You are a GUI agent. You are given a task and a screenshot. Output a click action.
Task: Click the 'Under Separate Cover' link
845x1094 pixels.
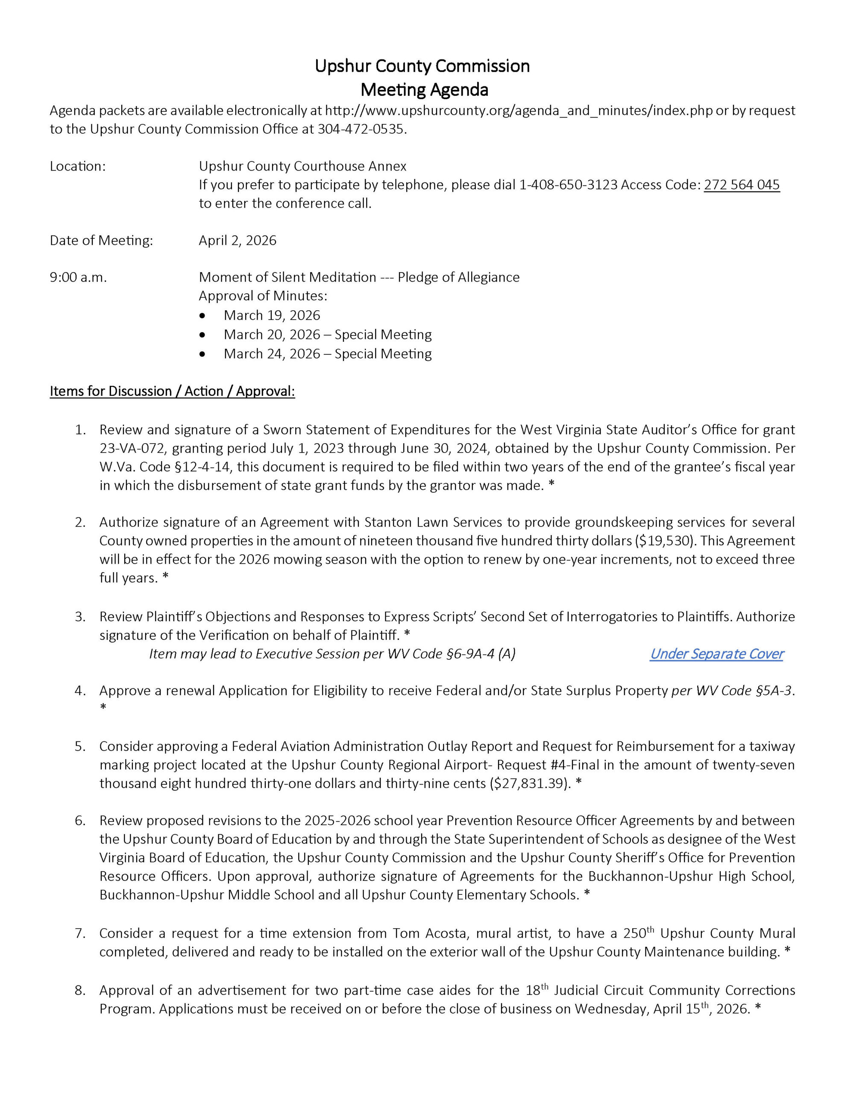(716, 654)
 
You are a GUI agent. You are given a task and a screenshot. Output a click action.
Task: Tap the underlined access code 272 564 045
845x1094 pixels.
(741, 185)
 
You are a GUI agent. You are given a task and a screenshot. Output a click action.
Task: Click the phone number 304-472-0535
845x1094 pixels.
(360, 129)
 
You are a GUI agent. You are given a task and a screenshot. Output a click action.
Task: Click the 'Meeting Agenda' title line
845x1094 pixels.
(424, 90)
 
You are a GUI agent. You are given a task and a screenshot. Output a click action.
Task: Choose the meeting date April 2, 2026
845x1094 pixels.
(238, 241)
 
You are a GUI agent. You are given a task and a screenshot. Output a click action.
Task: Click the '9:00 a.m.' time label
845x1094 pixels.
(78, 277)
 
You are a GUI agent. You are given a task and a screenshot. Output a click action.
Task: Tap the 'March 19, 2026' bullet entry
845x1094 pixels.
(271, 315)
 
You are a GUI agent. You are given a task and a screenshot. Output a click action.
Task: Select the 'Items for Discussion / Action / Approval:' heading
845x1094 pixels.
(172, 391)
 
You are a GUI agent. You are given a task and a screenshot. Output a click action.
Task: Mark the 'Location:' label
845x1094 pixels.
(78, 166)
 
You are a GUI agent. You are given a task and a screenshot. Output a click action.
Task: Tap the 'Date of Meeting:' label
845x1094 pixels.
(101, 241)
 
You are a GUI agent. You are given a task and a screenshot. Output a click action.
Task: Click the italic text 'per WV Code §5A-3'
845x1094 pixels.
(731, 690)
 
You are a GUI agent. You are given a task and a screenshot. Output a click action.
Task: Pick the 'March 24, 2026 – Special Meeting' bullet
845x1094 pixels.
(327, 354)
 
